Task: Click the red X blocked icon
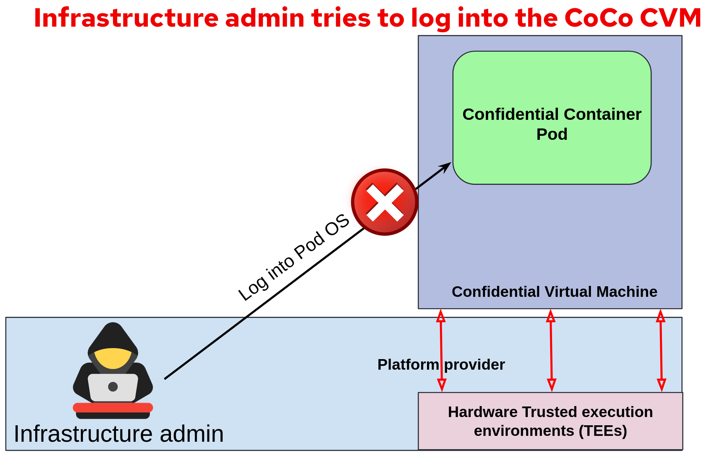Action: [385, 202]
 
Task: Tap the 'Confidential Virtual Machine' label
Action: [554, 292]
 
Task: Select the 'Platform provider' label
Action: [441, 365]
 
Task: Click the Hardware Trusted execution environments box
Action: [550, 421]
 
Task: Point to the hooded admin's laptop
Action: [113, 387]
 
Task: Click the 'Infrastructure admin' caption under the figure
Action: [118, 434]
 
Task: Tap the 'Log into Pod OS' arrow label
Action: [293, 258]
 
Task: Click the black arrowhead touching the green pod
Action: [446, 166]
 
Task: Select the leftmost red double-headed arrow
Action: [441, 350]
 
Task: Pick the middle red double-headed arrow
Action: [551, 350]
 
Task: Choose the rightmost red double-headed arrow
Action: [661, 350]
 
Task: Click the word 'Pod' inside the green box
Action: [552, 134]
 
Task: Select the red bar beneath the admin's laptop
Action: [113, 407]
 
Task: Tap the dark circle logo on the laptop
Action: [113, 387]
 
